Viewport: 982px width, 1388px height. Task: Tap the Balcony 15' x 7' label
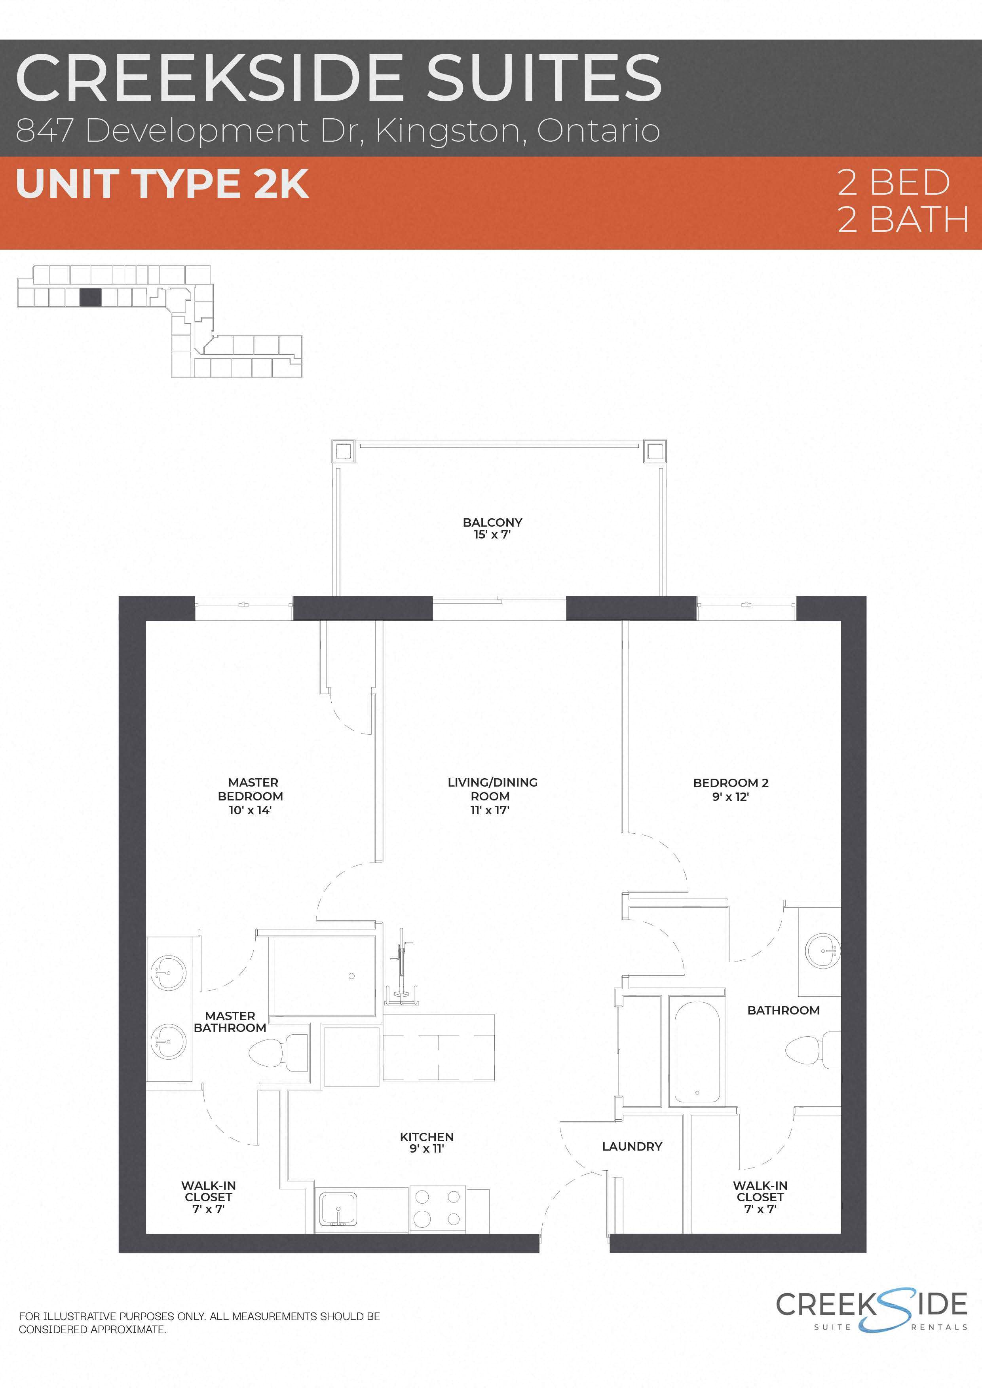(x=492, y=528)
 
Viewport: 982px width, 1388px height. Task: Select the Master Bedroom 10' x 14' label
(x=250, y=796)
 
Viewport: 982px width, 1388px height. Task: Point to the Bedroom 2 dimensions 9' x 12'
(x=730, y=797)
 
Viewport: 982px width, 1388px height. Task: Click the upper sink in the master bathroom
(x=168, y=973)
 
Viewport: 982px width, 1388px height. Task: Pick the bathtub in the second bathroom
(x=697, y=1052)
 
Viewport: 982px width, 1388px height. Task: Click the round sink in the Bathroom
(x=823, y=951)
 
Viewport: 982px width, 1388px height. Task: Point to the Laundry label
(x=632, y=1146)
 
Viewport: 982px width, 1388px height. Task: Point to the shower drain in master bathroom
(x=351, y=976)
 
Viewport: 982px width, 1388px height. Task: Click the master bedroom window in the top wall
(x=244, y=606)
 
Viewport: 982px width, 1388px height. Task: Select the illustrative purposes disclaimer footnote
(x=199, y=1322)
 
